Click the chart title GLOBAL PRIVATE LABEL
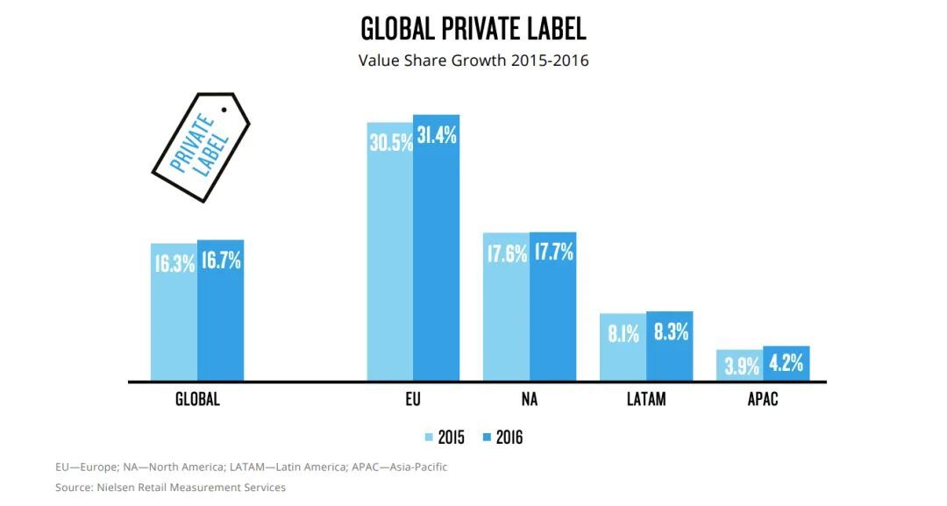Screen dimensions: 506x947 (473, 29)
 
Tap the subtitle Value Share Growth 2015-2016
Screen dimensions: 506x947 (473, 61)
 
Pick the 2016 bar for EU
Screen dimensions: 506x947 (437, 263)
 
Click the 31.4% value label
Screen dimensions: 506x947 (437, 136)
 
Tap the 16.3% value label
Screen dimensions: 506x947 (174, 263)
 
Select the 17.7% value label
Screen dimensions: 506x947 (553, 253)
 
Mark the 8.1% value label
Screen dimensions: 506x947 (623, 333)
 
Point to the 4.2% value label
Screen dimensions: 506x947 (786, 363)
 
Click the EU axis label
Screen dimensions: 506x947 (413, 400)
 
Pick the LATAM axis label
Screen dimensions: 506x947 (646, 400)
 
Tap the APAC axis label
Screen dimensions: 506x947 (763, 400)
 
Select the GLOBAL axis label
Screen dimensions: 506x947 (197, 400)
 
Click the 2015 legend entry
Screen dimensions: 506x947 (445, 437)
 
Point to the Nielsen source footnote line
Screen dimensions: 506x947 (170, 487)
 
